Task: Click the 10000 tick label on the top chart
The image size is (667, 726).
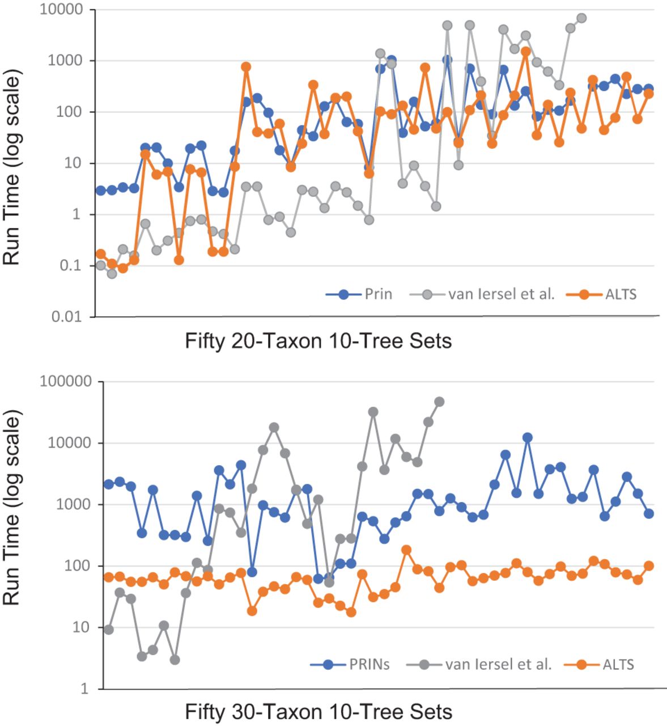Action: click(x=61, y=10)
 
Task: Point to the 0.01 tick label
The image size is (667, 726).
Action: click(x=66, y=317)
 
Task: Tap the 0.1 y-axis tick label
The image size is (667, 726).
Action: click(x=71, y=266)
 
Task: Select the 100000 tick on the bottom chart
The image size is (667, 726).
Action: click(x=65, y=382)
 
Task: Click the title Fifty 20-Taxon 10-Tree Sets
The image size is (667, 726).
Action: click(x=318, y=341)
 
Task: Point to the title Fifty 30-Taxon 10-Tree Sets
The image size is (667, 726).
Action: click(x=318, y=711)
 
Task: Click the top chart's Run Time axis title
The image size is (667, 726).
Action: click(x=12, y=168)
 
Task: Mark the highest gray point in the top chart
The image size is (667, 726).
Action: click(x=581, y=18)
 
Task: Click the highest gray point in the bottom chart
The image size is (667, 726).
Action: click(x=439, y=402)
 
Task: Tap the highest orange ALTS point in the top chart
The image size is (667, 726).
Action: click(x=525, y=51)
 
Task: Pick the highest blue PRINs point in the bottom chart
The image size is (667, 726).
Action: click(x=528, y=437)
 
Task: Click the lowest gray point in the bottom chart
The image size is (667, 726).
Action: click(x=175, y=660)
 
